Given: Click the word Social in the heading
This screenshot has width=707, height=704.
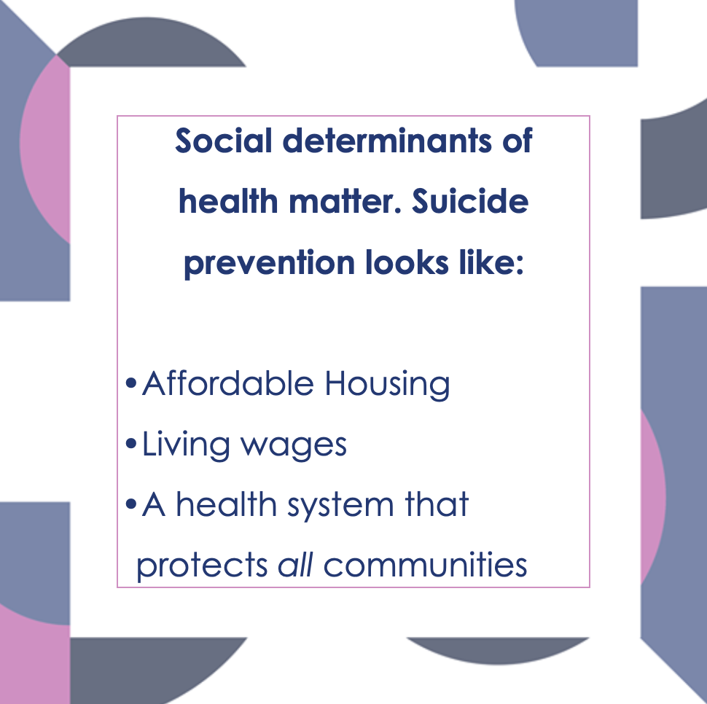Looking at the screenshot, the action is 223,140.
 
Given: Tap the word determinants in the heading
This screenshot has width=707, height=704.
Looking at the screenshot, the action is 387,140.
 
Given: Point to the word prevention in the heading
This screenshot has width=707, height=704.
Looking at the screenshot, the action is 269,263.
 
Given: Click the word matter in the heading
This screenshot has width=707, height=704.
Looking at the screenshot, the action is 345,201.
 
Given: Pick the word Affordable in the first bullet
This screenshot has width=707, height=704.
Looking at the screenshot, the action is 227,383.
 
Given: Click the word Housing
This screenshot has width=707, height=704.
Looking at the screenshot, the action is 387,385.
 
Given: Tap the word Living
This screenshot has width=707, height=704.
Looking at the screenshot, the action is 186,445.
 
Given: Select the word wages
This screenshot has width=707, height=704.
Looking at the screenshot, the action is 294,447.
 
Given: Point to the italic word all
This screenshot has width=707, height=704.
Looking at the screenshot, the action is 295,563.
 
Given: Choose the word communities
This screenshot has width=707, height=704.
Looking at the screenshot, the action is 425,563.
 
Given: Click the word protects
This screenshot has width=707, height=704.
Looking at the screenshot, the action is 202,566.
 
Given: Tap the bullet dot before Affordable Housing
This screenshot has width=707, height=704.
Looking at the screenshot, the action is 130,383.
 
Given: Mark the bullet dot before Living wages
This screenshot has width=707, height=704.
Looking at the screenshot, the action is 130,444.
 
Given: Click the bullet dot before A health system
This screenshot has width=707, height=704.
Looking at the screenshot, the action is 130,504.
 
